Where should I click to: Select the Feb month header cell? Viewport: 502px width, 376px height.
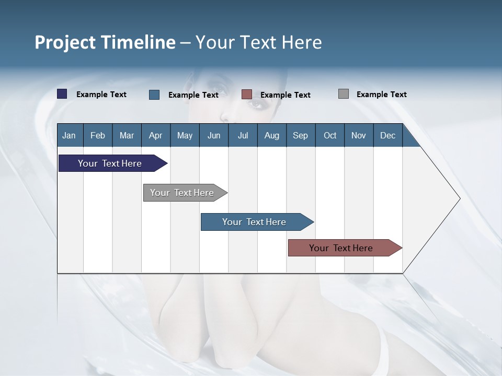(98, 135)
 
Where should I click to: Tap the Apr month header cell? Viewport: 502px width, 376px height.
(156, 135)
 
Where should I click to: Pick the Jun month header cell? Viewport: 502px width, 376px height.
(214, 135)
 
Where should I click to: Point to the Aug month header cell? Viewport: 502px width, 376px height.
(272, 135)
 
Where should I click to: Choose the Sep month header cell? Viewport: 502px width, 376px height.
(301, 135)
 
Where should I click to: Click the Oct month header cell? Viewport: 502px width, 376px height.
(330, 135)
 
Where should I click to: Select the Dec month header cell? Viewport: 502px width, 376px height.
(388, 135)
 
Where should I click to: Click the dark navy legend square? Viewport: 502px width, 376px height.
(62, 94)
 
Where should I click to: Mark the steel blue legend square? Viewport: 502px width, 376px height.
(154, 95)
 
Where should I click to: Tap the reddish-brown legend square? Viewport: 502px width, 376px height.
(247, 95)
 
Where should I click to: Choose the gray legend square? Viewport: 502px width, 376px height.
(344, 94)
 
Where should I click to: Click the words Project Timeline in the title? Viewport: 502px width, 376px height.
(105, 42)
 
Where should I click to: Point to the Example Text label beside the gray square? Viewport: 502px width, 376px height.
(381, 95)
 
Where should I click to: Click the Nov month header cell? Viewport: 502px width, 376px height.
(359, 135)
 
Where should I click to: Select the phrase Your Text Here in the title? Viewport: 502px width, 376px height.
(258, 42)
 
